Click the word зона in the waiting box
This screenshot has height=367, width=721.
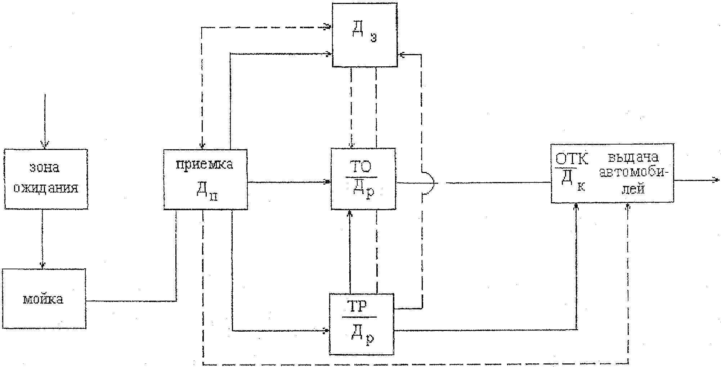tap(44, 168)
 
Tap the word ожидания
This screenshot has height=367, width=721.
tap(46, 188)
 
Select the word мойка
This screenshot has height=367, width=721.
tap(43, 300)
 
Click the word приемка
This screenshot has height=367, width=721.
tap(204, 164)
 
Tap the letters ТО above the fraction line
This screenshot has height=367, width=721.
tap(362, 167)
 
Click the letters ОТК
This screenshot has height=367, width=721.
tap(571, 159)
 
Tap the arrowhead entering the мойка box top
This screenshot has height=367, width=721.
tap(42, 265)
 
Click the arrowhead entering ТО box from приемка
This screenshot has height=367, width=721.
tap(327, 182)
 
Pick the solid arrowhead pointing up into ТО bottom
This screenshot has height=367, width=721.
tap(349, 213)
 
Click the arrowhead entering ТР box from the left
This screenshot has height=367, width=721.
tap(326, 330)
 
